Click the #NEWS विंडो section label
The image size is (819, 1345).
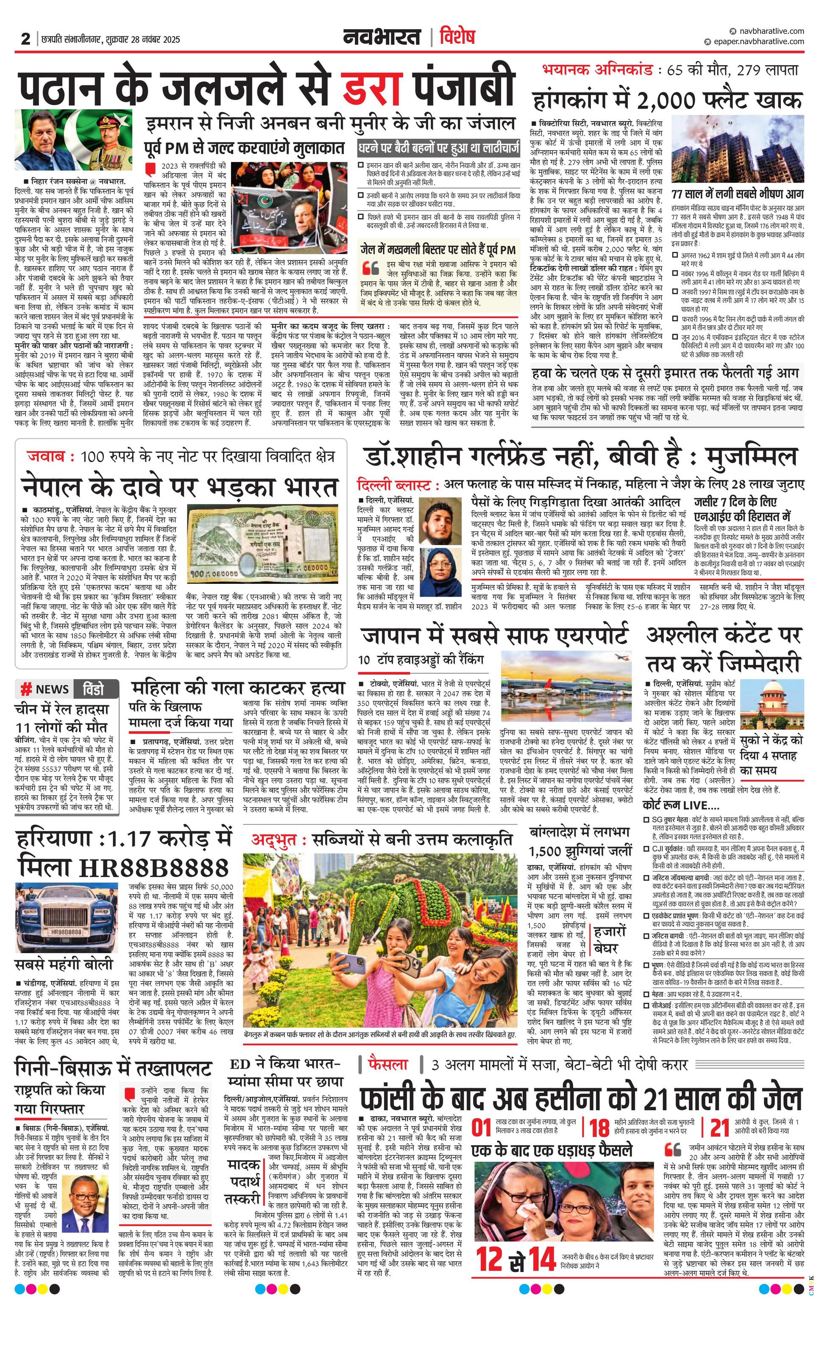[67, 689]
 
